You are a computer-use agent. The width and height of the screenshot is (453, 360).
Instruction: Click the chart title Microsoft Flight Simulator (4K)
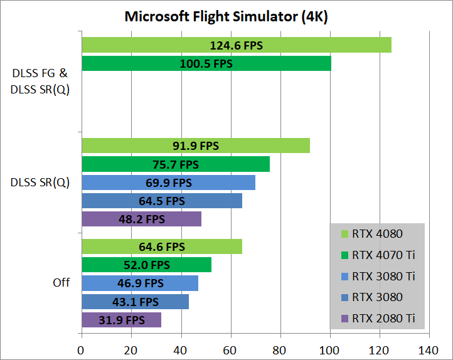(226, 16)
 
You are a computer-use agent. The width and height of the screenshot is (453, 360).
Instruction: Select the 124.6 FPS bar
(236, 45)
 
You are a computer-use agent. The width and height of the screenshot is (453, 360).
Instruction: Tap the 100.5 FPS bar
(206, 64)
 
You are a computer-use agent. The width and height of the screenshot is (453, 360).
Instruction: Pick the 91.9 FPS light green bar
(195, 146)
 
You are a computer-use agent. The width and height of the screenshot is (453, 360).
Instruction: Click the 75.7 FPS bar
(175, 164)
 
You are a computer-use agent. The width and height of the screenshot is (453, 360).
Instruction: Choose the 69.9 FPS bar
(168, 183)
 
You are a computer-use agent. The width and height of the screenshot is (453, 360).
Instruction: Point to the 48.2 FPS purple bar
(141, 220)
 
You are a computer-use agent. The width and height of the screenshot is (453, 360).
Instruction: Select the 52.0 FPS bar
(146, 265)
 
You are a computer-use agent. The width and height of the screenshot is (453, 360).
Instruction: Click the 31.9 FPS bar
(121, 320)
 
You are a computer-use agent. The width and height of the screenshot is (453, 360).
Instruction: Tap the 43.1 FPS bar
(135, 302)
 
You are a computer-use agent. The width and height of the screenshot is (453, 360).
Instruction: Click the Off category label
(61, 283)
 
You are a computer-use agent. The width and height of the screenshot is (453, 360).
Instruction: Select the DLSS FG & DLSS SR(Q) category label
(40, 82)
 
